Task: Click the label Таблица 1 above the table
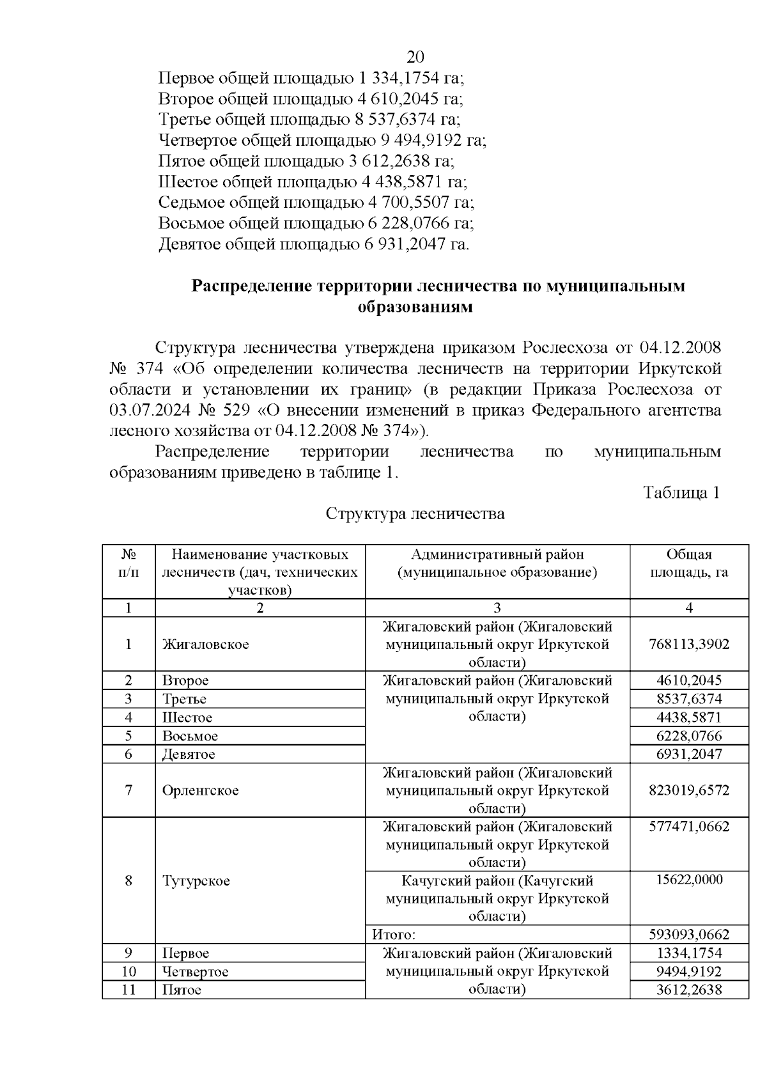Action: coord(681,493)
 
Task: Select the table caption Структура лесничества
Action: coord(415,514)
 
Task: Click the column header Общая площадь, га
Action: coord(688,563)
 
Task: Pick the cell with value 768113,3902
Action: coord(688,644)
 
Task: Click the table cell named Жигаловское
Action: coord(205,644)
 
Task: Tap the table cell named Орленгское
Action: coord(200,791)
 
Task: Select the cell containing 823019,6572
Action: coord(688,791)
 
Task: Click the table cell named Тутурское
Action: coord(196,881)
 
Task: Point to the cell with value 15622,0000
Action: coord(688,880)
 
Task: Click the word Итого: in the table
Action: coord(394,935)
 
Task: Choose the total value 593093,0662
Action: coord(688,935)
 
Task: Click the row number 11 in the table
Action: coord(128,990)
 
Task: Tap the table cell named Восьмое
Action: coord(190,736)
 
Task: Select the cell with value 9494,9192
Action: coord(688,972)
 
